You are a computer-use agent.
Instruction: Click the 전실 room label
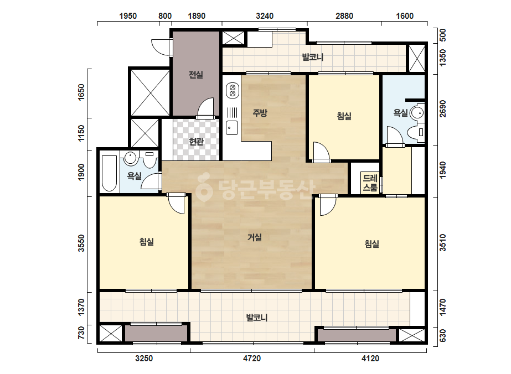pos(196,75)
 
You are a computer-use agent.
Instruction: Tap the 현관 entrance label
pos(196,142)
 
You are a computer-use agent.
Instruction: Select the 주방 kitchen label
pos(260,113)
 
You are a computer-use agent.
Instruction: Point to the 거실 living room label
pos(255,237)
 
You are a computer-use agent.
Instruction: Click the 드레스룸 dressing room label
pos(370,183)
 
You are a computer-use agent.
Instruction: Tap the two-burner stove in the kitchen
pos(233,90)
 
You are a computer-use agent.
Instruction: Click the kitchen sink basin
pos(232,127)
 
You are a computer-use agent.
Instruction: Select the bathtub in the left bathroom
pos(109,174)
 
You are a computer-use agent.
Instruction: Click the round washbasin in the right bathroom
pos(417,113)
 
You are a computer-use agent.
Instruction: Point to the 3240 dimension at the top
pos(265,16)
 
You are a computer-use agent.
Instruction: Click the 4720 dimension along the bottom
pos(252,359)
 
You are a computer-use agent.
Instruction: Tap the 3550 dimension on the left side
pos(81,243)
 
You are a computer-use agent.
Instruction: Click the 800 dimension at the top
pos(165,16)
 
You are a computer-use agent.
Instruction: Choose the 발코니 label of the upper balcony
pos(313,58)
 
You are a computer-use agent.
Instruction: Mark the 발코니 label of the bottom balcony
pos(257,318)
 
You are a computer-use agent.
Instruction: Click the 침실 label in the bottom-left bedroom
pos(147,242)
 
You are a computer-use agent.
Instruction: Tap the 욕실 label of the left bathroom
pos(135,176)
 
